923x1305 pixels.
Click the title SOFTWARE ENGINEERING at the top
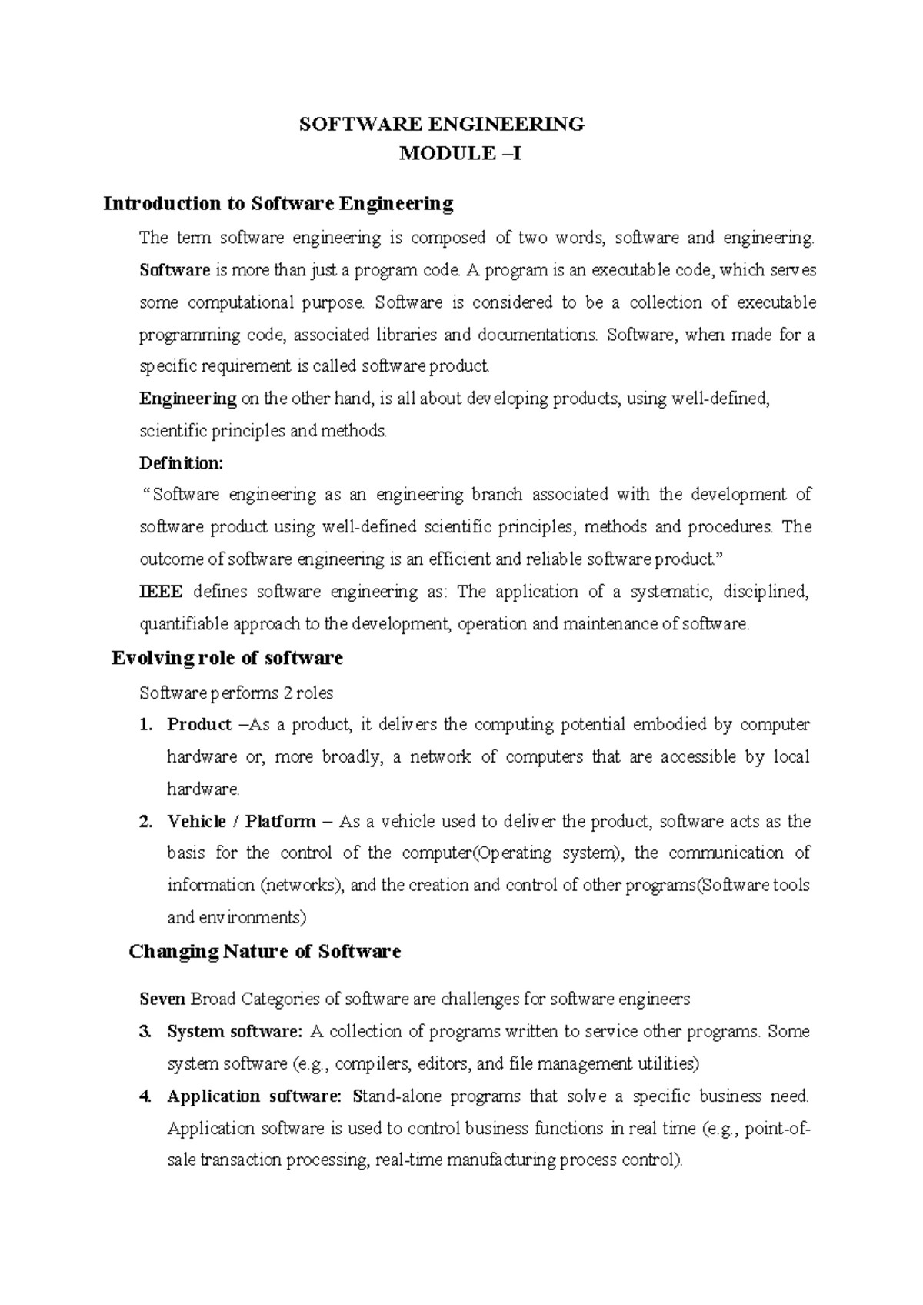coord(442,124)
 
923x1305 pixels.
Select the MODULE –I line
coord(460,154)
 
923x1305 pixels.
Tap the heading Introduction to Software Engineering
coord(278,204)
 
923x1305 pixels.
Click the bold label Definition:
coord(181,463)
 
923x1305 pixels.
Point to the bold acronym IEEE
coord(161,592)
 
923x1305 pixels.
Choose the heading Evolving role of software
coord(227,658)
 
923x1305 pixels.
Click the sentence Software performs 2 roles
coord(236,693)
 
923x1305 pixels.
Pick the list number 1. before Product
coord(146,725)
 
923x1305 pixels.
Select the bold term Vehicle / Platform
coord(242,822)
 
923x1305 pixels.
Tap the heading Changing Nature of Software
coord(265,952)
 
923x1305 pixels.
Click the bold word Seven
coord(162,1000)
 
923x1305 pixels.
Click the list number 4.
coord(146,1096)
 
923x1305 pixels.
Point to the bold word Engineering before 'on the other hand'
coord(188,399)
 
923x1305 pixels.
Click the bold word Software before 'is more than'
coord(175,270)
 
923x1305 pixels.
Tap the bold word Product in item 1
coord(199,725)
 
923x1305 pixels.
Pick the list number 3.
coord(146,1032)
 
